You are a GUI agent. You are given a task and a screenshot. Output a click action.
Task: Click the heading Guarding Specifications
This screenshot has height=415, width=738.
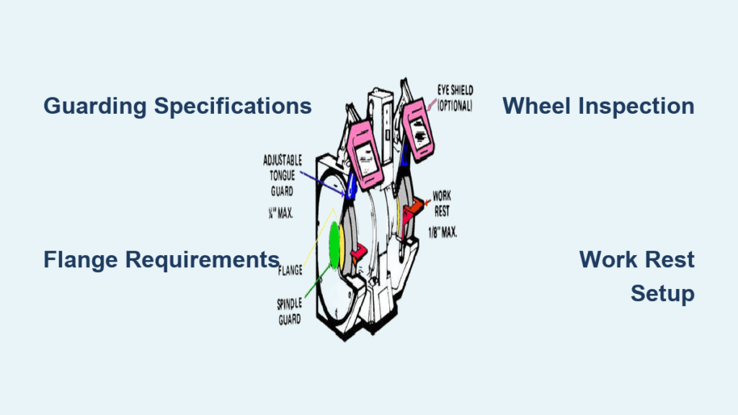[x=177, y=106]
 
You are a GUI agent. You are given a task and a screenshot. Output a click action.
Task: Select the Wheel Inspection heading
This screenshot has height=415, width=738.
[x=598, y=106]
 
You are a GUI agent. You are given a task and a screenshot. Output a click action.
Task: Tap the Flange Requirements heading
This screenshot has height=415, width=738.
[x=161, y=259]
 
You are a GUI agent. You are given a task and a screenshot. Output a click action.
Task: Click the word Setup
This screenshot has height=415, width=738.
[x=662, y=293]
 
